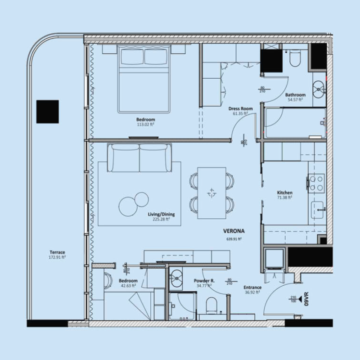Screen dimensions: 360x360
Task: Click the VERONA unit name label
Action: click(x=234, y=231)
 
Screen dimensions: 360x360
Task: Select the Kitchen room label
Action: click(x=284, y=193)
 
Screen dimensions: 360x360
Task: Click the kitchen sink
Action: click(x=320, y=208)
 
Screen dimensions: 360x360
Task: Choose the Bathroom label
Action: click(x=295, y=95)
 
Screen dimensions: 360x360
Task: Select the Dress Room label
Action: click(x=240, y=108)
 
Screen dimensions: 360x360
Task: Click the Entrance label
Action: click(x=252, y=287)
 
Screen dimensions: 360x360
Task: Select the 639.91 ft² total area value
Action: click(x=234, y=239)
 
